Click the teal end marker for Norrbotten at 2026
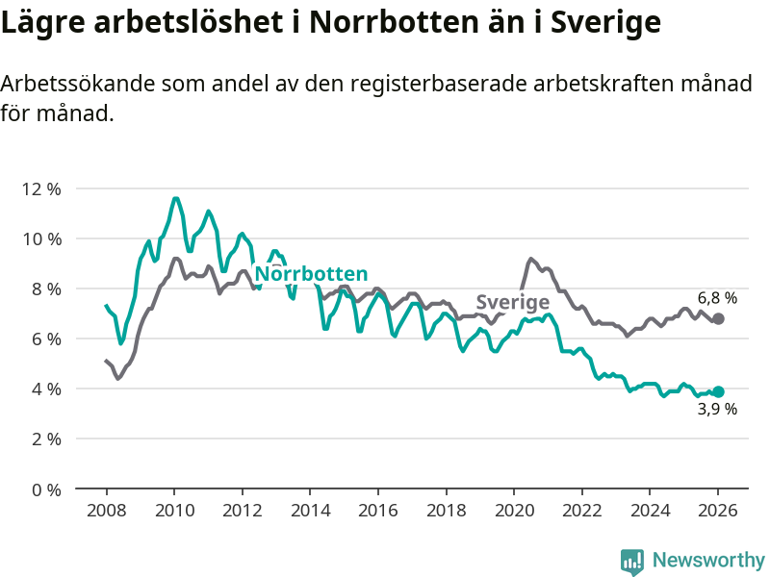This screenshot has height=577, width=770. coord(718,391)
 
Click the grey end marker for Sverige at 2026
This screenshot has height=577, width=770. coord(718,318)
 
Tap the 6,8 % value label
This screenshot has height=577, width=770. coord(717,298)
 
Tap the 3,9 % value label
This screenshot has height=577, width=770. coord(717,410)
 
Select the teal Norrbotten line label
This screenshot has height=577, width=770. coord(311,274)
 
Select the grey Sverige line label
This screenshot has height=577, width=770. coord(512,302)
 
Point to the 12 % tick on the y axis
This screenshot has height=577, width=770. coord(40,188)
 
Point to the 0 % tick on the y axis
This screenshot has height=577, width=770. coord(44,489)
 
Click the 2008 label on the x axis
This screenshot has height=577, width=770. coord(105,510)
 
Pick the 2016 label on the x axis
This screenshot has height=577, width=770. coord(377,510)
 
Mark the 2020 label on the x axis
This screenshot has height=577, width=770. coord(514,510)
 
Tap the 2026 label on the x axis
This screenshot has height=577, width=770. coord(718,510)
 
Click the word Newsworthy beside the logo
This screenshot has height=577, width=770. coord(708,561)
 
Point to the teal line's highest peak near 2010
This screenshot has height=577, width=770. coord(175,199)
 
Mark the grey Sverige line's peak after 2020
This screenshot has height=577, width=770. coord(530,259)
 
